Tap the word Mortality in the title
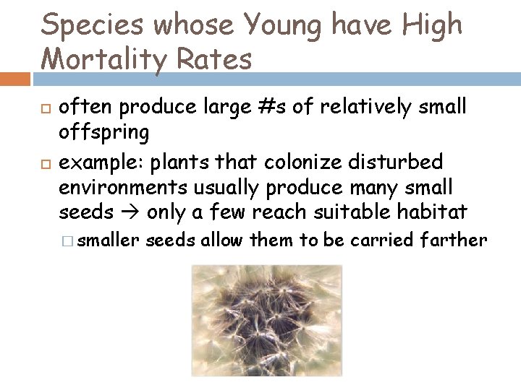(113, 58)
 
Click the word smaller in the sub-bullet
(108, 240)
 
